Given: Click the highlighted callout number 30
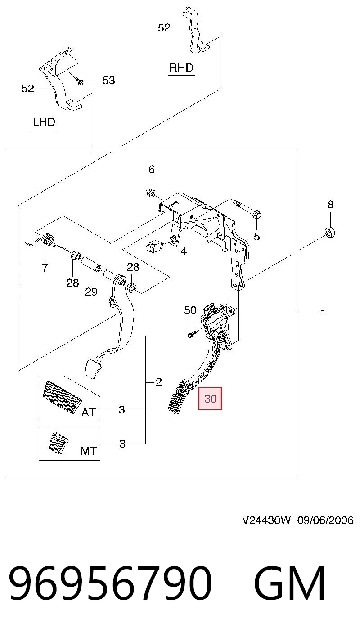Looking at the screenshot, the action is [x=210, y=399].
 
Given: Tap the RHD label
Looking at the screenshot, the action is [x=181, y=67].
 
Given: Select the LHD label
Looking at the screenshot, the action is [x=44, y=122].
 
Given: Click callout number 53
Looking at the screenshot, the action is [x=108, y=81].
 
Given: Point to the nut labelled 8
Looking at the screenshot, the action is [x=330, y=232].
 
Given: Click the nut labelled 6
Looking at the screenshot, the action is [x=150, y=193].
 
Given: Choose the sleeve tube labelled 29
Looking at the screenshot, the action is [x=91, y=264].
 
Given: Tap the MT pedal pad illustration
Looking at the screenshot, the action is [x=59, y=443].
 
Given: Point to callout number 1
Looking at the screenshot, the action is [x=323, y=313].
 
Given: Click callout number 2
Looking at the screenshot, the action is [x=159, y=382].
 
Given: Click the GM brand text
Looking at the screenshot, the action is [x=289, y=583].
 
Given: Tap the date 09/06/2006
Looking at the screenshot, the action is [x=325, y=520].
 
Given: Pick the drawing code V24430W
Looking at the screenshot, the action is [x=266, y=520].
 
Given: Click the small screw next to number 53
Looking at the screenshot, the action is [x=79, y=81].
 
